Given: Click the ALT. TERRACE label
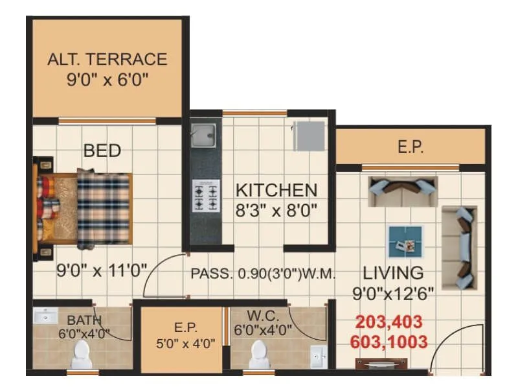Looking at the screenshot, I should pos(107,60).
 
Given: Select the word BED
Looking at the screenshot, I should pos(102,150).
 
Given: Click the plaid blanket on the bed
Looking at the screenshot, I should pos(104,209).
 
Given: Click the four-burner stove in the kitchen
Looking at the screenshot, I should pos(205,197).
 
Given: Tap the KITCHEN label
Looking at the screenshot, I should pos(276,191).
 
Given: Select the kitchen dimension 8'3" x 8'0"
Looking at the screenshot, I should pos(276,211).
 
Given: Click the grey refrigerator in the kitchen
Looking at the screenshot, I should pos(309,136).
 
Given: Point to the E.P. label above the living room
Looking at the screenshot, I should pos(410,147).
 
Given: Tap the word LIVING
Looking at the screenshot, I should pos(393,272).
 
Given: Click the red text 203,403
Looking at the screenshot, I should pos(389,322).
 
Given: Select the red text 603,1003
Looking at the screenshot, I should pos(389,342).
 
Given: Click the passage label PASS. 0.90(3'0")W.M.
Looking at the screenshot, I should pos(263,274).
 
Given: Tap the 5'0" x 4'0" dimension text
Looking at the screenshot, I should pos(185,344).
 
